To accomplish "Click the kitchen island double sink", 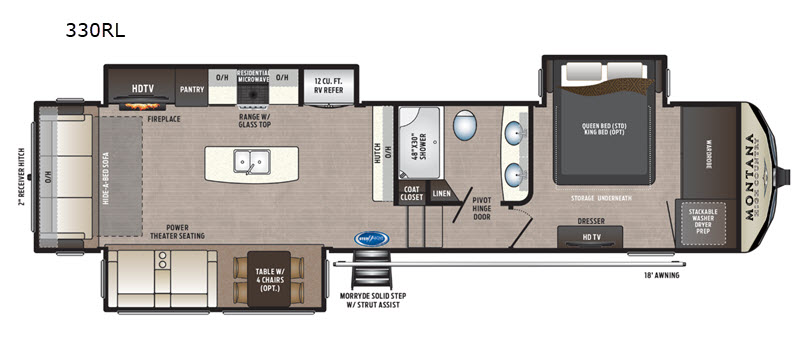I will coord(252,161).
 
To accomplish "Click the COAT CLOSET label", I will coord(412,194).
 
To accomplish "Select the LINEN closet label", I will coord(441,194).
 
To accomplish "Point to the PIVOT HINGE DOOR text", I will coord(487,207).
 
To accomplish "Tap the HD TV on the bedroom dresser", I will coord(590,237).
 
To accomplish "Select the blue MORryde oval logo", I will coord(370,240).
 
